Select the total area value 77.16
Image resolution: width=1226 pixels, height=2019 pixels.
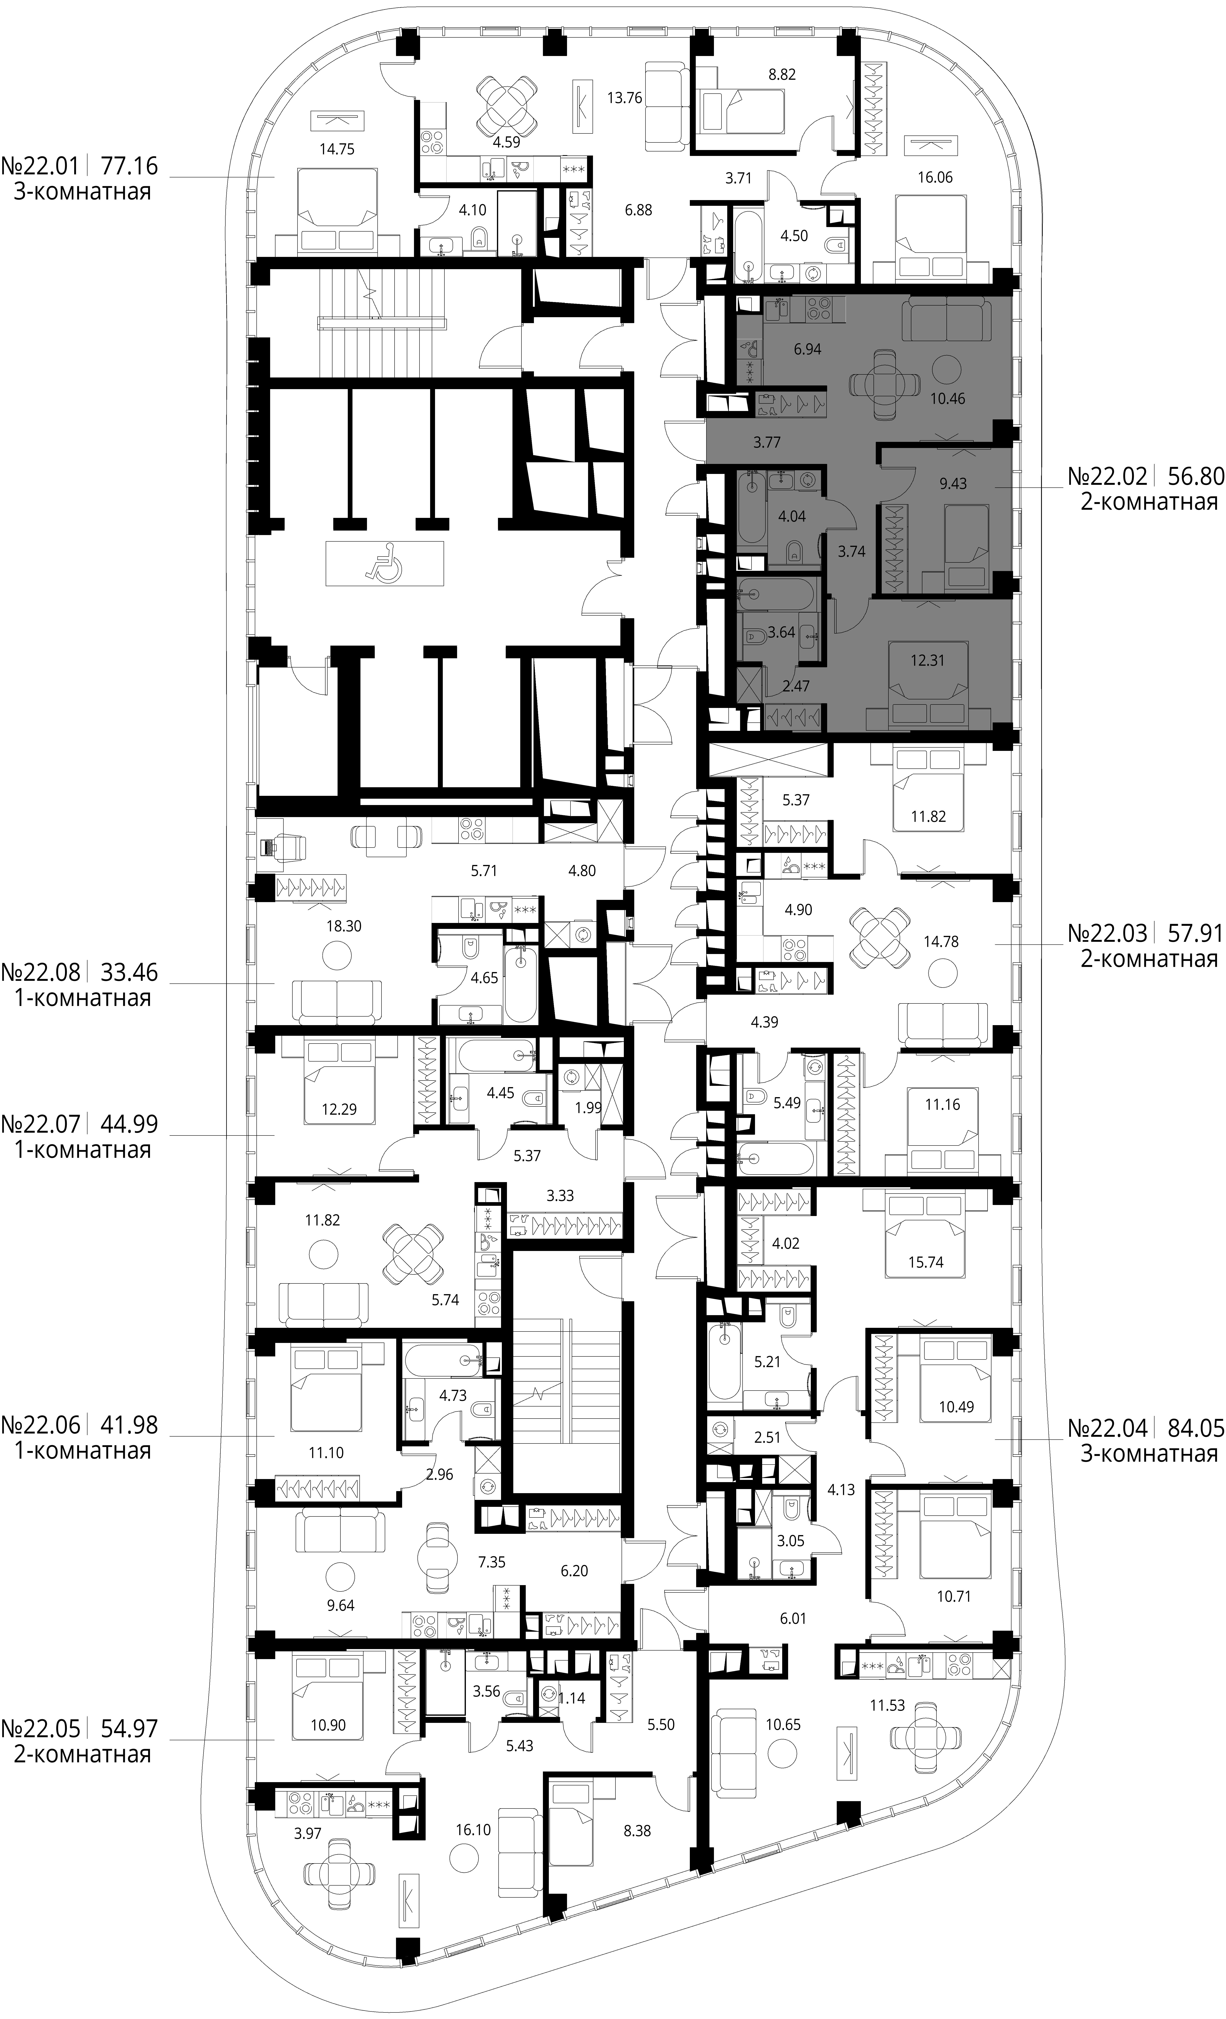click(129, 167)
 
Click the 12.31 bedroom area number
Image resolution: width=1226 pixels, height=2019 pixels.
click(927, 660)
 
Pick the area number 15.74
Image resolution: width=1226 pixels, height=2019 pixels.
click(925, 1262)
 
